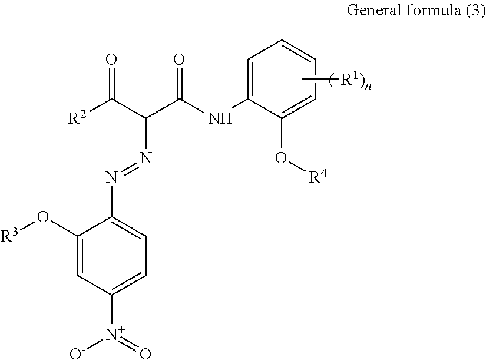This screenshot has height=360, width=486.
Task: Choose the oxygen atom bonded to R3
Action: click(42, 220)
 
